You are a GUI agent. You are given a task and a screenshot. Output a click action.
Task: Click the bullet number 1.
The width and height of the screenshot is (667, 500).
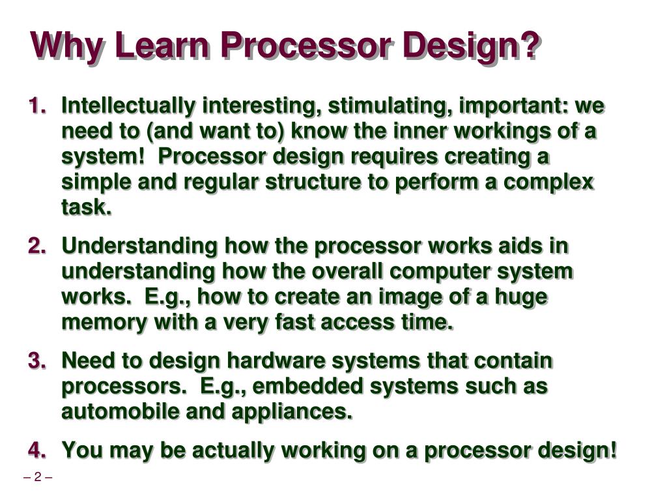(x=37, y=106)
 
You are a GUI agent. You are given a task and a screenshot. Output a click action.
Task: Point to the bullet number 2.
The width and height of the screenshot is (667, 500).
(x=37, y=246)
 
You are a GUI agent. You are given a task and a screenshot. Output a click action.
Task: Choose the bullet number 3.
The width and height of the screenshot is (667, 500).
(x=37, y=360)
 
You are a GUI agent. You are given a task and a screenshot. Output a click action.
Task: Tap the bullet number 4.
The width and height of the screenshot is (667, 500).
(x=37, y=450)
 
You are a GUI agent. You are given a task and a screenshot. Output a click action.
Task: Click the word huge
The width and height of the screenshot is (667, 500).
(x=520, y=297)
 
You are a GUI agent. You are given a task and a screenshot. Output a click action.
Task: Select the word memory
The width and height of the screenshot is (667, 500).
(x=97, y=322)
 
